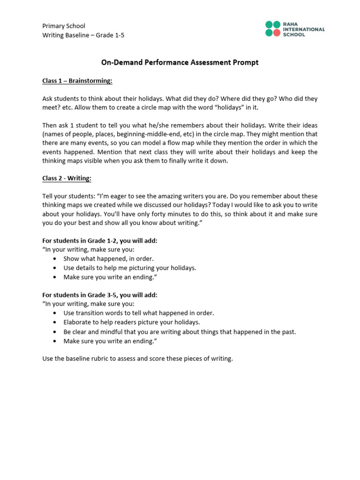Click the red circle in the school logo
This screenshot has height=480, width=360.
[277, 33]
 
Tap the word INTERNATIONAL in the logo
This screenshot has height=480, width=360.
[305, 29]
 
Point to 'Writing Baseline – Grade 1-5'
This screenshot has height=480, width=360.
[83, 35]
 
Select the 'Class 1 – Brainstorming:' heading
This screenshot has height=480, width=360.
[77, 81]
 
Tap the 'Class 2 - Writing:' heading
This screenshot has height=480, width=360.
[67, 178]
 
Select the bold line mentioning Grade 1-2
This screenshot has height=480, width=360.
[100, 240]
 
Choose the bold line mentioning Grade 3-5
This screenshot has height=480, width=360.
[100, 295]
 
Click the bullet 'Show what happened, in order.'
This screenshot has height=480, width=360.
[108, 258]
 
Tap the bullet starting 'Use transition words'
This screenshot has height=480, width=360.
[138, 313]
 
